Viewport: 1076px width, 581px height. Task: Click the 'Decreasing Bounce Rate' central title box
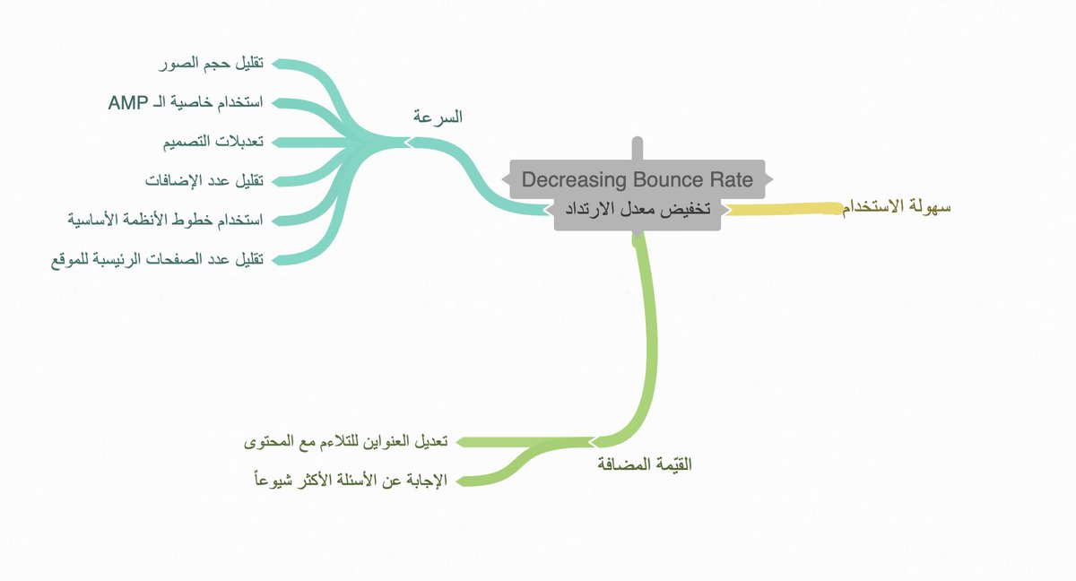coord(638,179)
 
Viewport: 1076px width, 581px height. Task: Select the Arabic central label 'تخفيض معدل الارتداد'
coord(638,210)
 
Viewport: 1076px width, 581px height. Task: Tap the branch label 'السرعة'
coord(438,117)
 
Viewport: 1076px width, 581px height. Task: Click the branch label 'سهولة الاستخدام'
coord(896,208)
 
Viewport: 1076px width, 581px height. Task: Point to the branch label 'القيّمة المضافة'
coord(645,464)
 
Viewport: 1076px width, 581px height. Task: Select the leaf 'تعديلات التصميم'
coord(212,142)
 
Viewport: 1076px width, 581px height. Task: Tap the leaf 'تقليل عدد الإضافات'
coord(204,180)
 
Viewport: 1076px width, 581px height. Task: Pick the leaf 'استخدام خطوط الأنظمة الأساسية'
coord(165,220)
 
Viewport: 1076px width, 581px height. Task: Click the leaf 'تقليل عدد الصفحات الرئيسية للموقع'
coord(157,259)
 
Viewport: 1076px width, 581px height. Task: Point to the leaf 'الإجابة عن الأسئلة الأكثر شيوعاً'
coord(351,481)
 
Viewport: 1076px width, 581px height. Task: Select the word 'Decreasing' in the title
coord(567,179)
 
